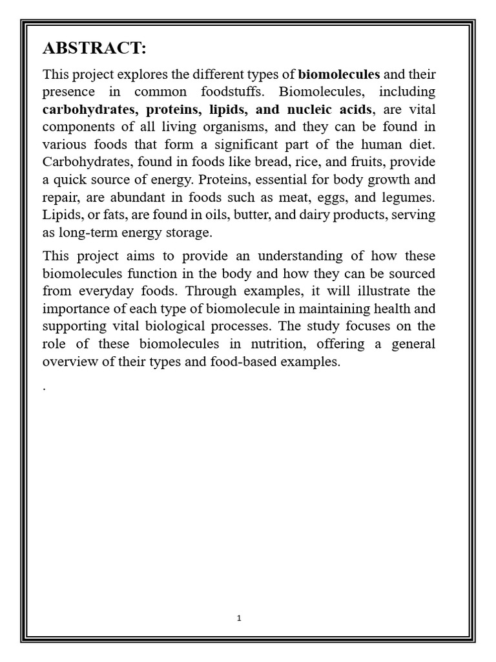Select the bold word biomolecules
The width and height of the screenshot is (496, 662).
coord(339,74)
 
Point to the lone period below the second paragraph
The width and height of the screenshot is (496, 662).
coord(45,389)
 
